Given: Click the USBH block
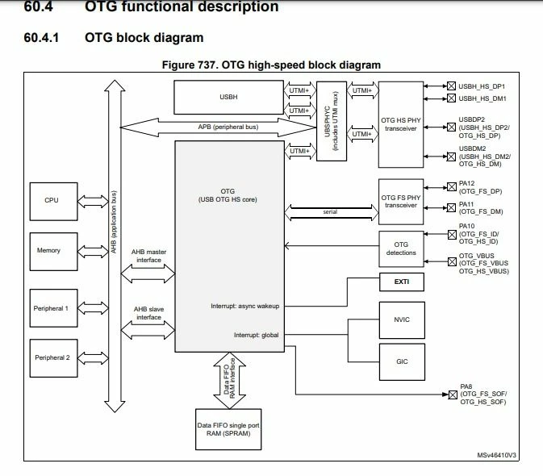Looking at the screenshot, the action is coord(228,98).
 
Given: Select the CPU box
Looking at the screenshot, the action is coord(54,202).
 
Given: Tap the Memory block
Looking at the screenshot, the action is coord(54,252).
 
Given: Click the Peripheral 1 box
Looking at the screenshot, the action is coord(54,308).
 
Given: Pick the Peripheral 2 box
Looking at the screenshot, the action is coord(54,358).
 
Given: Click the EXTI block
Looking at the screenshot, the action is coord(402,282).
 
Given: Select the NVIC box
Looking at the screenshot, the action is coord(402,319).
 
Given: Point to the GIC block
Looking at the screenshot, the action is coord(402,361).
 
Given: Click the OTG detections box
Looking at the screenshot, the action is coord(401,249).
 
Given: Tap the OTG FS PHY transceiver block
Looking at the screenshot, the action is coord(401,202).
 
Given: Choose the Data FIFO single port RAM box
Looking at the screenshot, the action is coord(228,429).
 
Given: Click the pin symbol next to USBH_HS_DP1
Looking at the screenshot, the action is coord(451,86).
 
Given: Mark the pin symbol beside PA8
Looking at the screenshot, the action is coord(453,395).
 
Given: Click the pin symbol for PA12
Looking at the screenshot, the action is coord(452,187).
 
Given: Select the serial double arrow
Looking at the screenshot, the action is coord(332,212).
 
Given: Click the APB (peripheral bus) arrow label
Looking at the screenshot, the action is coord(228,127).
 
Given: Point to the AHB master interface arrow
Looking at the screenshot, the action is coord(148,273).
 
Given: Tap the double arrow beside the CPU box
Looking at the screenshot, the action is coord(93,202).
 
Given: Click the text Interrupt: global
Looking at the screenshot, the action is coord(257,335).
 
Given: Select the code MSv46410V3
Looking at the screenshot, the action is coord(496,455).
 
